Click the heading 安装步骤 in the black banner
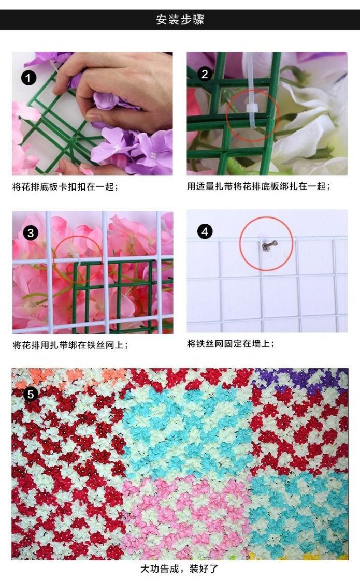coord(180,19)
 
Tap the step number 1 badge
coord(28,78)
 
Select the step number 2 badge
coord(205,74)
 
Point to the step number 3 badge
coord(31,233)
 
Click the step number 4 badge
coord(205,232)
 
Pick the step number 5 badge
coord(31,394)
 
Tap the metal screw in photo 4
coord(269,245)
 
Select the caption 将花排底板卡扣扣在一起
coord(65,186)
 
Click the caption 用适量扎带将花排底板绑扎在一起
coord(258,186)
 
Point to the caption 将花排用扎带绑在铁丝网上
coord(70,345)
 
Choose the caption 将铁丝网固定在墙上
coord(231,344)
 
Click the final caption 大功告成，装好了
coord(180,569)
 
